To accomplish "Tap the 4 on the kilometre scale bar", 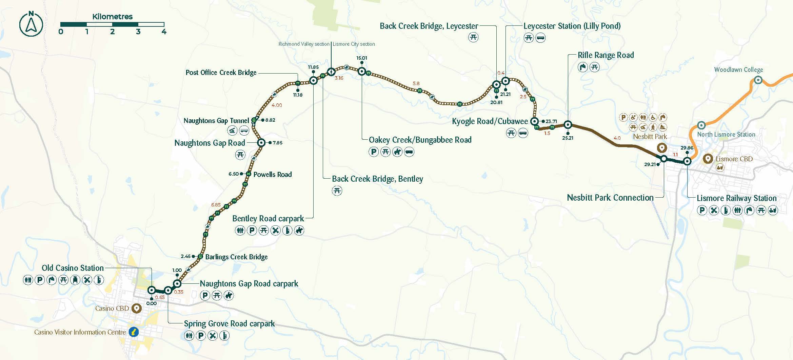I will click(x=164, y=32).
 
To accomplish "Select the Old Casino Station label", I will click(x=73, y=268).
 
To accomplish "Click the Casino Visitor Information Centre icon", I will click(x=134, y=332).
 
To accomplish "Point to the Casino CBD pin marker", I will click(x=136, y=308).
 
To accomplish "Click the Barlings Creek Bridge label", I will click(x=236, y=257).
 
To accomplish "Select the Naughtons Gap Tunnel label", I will click(x=216, y=121).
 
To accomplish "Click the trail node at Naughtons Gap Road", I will click(x=261, y=143).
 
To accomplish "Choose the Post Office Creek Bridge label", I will click(x=221, y=73).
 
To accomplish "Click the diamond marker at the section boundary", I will click(x=331, y=72).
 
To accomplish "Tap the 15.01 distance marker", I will click(x=362, y=58).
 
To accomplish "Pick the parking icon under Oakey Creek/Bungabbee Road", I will click(x=373, y=152).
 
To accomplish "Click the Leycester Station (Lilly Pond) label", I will click(x=572, y=26).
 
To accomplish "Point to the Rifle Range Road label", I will click(x=606, y=55).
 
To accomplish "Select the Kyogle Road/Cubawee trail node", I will click(x=534, y=121).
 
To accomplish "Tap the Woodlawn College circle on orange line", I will click(x=758, y=80).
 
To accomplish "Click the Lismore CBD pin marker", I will click(x=708, y=159).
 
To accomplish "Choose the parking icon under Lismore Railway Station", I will click(x=702, y=211).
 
